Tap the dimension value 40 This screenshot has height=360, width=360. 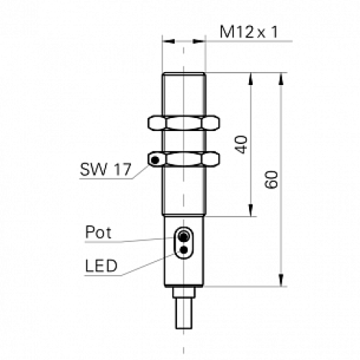tap(242, 145)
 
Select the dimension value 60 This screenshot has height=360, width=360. tap(271, 179)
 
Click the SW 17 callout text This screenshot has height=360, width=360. tap(104, 171)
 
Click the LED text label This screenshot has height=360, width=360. tap(100, 266)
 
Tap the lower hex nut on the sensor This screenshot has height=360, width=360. tap(184, 158)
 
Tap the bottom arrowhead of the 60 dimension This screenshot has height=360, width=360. tap(281, 282)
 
